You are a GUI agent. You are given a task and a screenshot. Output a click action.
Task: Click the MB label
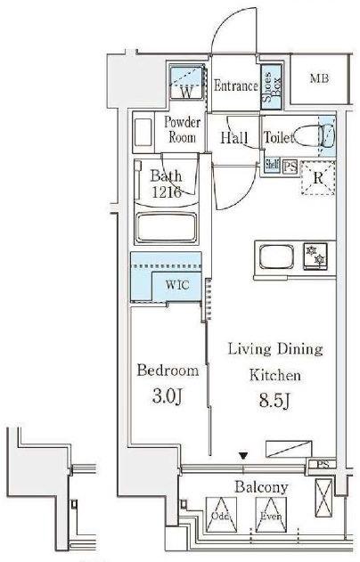(319, 78)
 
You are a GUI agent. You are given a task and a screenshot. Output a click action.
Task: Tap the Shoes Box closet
(271, 87)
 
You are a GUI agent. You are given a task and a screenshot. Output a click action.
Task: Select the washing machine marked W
(186, 83)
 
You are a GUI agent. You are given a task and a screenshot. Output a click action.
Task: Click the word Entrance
(236, 86)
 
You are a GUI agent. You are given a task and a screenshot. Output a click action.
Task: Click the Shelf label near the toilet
(272, 165)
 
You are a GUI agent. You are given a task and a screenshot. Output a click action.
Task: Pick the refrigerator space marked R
(318, 178)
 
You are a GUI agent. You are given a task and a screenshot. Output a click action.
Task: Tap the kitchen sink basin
(276, 257)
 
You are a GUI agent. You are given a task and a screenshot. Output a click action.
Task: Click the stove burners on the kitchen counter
(315, 256)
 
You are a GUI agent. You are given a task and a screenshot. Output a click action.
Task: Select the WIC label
(177, 285)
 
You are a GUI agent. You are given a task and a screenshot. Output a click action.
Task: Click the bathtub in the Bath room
(167, 228)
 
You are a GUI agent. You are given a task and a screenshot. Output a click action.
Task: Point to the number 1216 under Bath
(167, 192)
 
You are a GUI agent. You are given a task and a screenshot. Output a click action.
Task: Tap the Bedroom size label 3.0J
(168, 396)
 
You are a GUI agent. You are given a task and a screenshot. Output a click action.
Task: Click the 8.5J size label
(274, 401)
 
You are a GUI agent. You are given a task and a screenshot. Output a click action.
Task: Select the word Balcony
(261, 487)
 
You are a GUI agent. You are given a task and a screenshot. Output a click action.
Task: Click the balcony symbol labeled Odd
(221, 514)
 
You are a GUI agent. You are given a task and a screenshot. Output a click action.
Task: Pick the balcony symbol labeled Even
(271, 514)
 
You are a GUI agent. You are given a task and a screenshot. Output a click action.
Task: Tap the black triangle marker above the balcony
(243, 456)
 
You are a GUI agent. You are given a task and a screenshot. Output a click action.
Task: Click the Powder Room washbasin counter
(143, 132)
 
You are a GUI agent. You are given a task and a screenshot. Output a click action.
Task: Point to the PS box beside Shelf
(290, 167)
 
